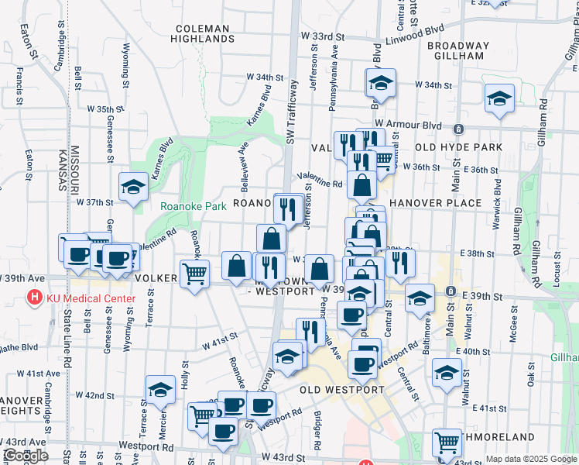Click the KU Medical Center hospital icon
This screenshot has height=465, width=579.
pos(34,298)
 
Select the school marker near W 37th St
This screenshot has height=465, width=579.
pos(133,187)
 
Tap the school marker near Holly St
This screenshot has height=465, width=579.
pos(160,389)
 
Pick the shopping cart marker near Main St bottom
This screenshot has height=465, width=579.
pos(447,443)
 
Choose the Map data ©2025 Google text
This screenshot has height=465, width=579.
pos(531,459)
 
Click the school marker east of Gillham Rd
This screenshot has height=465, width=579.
pos(499,98)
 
